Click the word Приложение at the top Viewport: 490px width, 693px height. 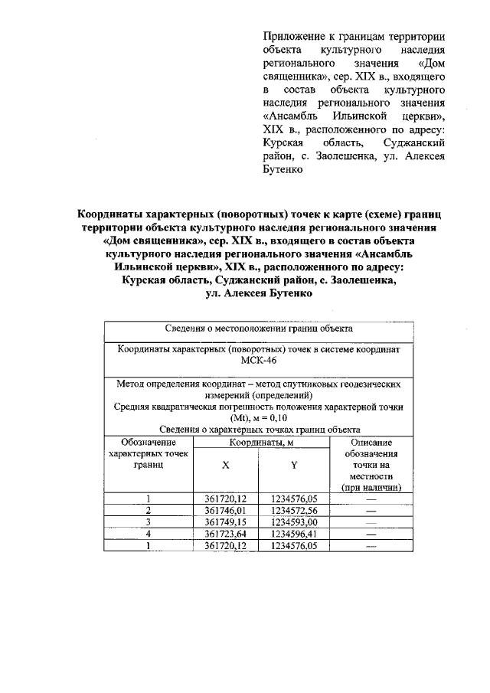pos(293,37)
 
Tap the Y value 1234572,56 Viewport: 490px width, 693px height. pos(294,510)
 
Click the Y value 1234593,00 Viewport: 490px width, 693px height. pos(294,522)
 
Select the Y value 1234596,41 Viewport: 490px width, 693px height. pos(294,534)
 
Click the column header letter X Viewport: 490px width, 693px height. pos(225,466)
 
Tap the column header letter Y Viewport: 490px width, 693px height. pos(294,466)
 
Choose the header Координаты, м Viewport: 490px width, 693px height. pos(260,443)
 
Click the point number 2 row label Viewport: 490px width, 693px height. pos(149,510)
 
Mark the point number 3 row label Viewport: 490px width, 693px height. pos(149,522)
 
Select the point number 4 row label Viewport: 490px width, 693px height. pos(149,534)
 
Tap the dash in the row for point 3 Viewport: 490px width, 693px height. pos(371,522)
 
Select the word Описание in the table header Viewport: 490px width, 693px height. pos(371,443)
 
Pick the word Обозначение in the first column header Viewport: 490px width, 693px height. pos(149,443)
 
